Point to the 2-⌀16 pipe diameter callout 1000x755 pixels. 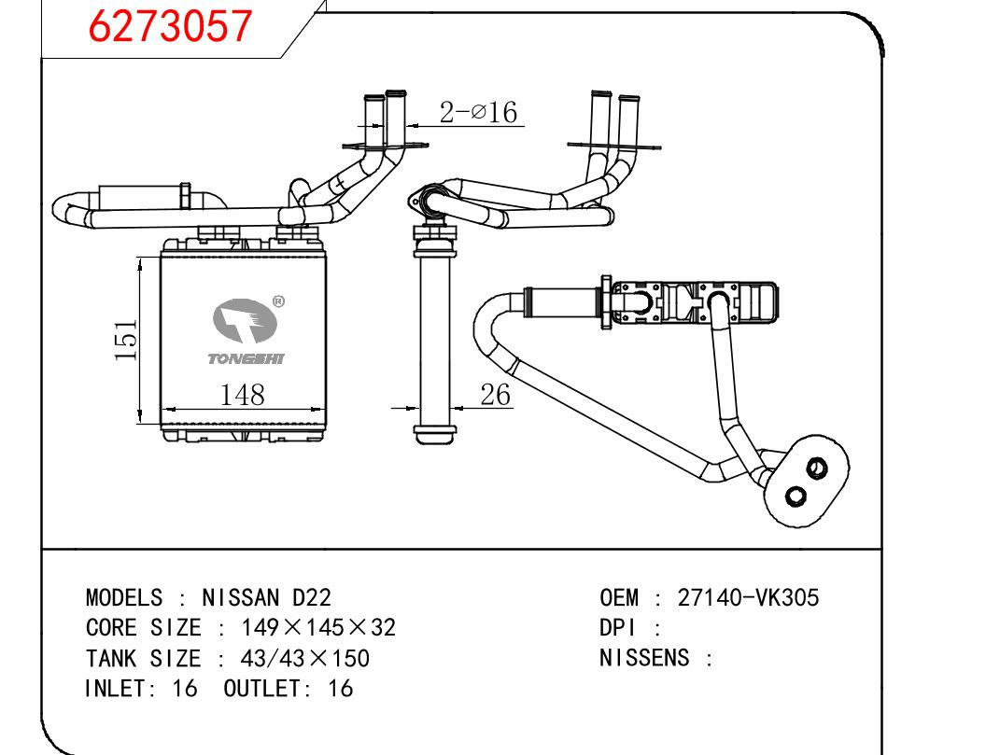pyautogui.click(x=478, y=113)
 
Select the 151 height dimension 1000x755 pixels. pyautogui.click(x=127, y=340)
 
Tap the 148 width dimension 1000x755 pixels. pyautogui.click(x=242, y=395)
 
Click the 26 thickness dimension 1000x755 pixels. pyautogui.click(x=496, y=395)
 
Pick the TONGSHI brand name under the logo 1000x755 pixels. pyautogui.click(x=246, y=358)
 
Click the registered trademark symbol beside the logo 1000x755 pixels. pyautogui.click(x=277, y=301)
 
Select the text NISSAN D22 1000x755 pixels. pyautogui.click(x=266, y=597)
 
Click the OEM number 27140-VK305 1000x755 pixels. pyautogui.click(x=748, y=597)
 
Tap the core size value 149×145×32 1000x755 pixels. pyautogui.click(x=318, y=627)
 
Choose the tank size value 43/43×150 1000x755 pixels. pyautogui.click(x=305, y=658)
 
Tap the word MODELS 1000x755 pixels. pyautogui.click(x=124, y=597)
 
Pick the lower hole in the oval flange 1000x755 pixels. pyautogui.click(x=795, y=495)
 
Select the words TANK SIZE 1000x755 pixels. pyautogui.click(x=143, y=658)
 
